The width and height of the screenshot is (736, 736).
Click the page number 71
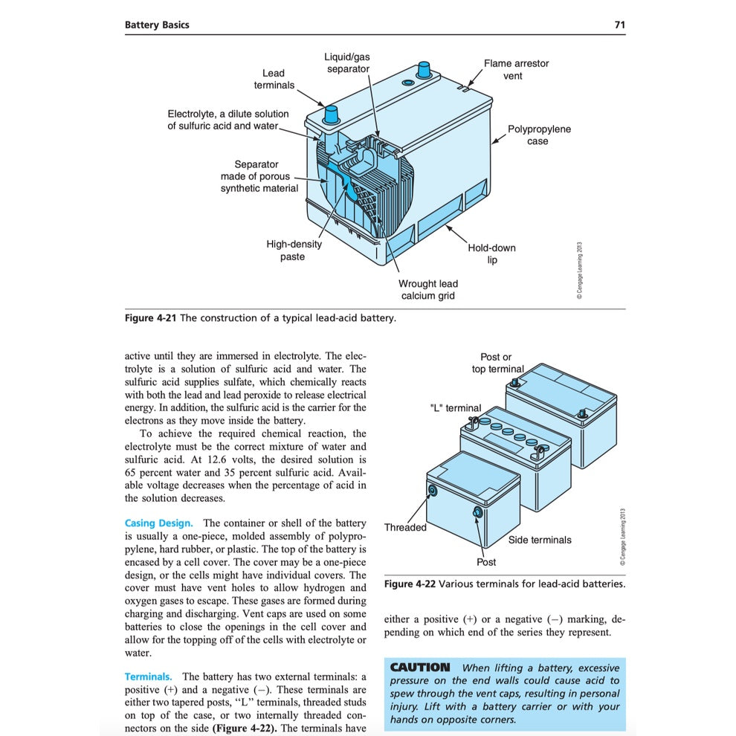tap(619, 25)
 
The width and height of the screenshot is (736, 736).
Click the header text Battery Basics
tap(157, 25)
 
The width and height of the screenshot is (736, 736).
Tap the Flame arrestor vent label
tap(516, 69)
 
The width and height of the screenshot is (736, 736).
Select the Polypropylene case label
tap(539, 135)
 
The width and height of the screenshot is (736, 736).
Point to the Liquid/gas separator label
tap(347, 62)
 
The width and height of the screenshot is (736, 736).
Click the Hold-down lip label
tap(491, 254)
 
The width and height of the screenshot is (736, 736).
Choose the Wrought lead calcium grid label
tap(427, 289)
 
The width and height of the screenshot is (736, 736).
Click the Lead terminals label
tap(274, 79)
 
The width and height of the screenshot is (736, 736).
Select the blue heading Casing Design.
tap(158, 523)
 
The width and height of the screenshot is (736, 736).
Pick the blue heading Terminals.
tap(148, 677)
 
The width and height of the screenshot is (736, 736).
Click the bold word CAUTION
tap(420, 668)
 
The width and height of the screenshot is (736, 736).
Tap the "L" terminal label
tap(455, 408)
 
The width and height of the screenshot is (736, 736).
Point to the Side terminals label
tap(540, 540)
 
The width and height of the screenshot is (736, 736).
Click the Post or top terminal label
tap(497, 363)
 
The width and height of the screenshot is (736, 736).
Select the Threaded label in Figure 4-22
tap(405, 528)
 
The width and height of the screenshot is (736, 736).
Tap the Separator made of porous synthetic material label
tap(259, 176)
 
